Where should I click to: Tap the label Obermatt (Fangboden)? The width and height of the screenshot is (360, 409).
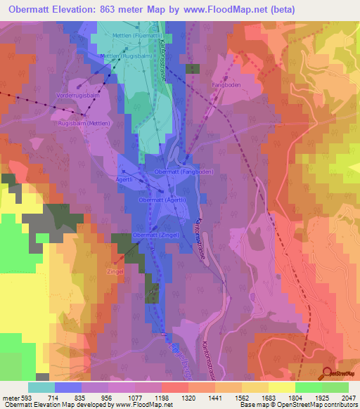pos(184,171)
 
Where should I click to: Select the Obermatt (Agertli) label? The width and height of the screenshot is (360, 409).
pos(164,200)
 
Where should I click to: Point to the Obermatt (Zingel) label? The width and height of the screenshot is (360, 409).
pos(154,235)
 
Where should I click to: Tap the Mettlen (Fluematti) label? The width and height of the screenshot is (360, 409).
pos(139,34)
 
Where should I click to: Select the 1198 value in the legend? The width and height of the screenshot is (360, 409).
pos(162,398)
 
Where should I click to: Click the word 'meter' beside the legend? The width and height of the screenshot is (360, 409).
pos(11,398)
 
